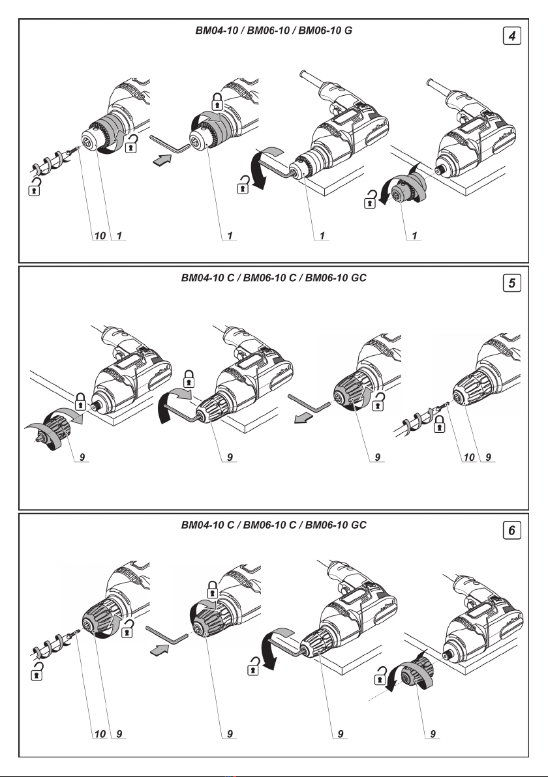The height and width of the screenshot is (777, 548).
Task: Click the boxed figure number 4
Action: coord(514,37)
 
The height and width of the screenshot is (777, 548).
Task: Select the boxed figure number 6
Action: coord(514,531)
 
